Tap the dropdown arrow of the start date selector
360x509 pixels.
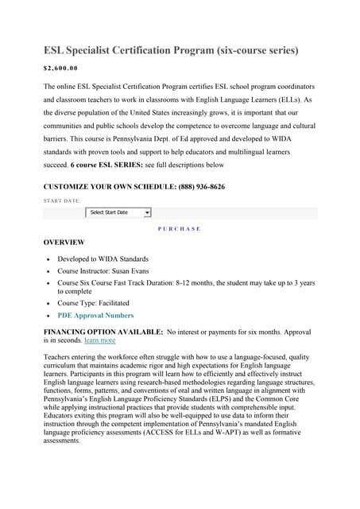click(147, 212)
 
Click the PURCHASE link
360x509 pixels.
click(180, 228)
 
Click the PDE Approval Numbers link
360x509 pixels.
click(95, 315)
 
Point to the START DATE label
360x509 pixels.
click(61, 200)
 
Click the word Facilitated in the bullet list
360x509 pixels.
click(112, 303)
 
